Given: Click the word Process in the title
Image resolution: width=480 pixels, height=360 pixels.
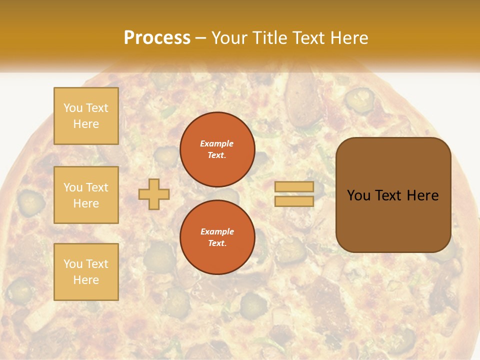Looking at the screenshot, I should pos(157,38).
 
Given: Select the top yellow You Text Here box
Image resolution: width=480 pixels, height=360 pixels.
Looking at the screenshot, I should pos(86,116).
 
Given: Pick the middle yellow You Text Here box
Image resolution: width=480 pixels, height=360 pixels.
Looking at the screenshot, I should pos(86,195).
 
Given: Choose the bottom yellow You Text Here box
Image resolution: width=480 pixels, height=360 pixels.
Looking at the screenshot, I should pos(86,271).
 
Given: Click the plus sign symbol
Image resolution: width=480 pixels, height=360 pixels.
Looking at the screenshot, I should pos(153,194).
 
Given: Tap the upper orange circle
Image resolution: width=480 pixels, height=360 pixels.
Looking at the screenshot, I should pos(217,149).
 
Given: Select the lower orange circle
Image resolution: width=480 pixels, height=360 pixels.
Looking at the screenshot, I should pos(217,237).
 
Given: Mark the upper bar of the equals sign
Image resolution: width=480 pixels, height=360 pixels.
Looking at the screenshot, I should pos(294,187).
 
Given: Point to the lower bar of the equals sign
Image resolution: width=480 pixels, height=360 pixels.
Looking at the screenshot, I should pos(294,201).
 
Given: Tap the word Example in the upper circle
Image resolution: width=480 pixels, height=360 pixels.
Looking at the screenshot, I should pos(217,143).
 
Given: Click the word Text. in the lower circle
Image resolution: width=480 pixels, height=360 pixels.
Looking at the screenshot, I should pos(217,243).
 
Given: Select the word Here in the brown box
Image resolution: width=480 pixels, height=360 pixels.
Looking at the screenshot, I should pos(422,195).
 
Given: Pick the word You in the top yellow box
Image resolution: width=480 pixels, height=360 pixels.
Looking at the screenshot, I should pos(72,108).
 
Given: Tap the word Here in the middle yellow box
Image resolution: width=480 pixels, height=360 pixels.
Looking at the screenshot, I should pos(86,203).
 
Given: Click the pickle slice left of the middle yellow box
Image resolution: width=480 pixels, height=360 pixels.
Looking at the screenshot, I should pos(31,201).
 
